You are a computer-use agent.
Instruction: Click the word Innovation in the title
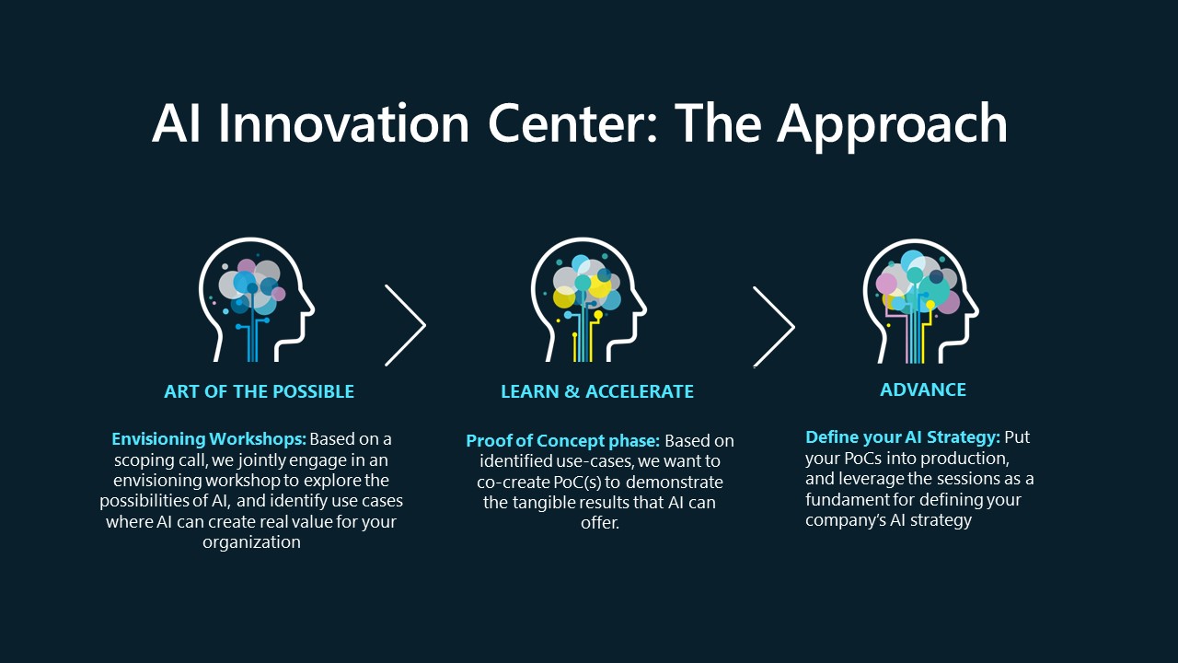[x=343, y=123]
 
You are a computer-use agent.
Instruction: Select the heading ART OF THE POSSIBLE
[x=259, y=391]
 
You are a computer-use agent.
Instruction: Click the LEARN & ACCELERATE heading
[x=597, y=391]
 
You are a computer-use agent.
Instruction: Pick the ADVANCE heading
[x=923, y=390]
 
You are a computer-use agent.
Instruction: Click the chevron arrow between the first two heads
[x=406, y=325]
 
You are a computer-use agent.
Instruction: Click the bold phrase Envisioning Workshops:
[x=209, y=439]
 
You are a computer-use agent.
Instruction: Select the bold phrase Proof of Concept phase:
[x=562, y=441]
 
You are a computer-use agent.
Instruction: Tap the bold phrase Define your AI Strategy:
[x=903, y=437]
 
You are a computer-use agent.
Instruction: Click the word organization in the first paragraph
[x=251, y=542]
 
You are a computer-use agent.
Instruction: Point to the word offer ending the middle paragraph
[x=600, y=523]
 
